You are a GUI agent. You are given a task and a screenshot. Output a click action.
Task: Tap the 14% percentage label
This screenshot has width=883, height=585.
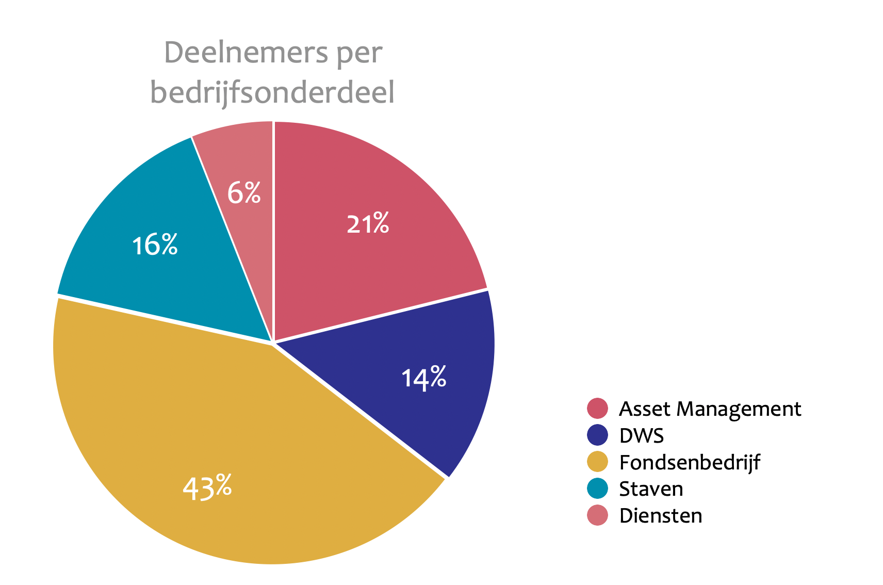coord(424,378)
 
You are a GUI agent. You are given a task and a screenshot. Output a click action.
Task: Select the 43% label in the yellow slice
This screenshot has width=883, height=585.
coord(207,487)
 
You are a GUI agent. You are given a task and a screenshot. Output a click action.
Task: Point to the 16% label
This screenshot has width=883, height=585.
coord(155,245)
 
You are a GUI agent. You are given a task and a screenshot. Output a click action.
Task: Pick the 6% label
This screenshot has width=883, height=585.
coord(244,193)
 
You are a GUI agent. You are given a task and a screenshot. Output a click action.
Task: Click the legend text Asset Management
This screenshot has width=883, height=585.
coord(710,409)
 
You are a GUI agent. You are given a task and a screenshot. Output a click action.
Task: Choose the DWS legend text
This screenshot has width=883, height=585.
coord(642,436)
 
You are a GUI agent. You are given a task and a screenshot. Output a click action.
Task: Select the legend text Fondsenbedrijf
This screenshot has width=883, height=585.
coord(689,463)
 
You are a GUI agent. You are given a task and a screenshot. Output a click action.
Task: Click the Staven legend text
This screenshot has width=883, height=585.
coord(651,489)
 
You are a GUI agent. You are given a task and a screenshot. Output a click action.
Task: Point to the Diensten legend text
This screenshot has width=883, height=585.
coord(661,516)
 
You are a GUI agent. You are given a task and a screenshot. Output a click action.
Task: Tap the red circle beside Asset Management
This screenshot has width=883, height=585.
coord(597,409)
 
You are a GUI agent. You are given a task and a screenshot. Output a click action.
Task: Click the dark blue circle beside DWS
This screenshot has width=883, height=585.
coord(597,435)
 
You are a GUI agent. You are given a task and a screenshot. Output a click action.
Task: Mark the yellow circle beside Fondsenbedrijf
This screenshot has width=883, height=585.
coord(597,462)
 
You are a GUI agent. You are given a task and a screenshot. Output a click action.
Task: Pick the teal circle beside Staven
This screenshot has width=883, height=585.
coord(597,489)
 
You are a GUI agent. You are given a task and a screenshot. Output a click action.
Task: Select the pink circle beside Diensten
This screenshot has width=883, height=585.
coord(597,515)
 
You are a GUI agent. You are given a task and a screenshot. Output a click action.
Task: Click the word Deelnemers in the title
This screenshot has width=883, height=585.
coord(245,53)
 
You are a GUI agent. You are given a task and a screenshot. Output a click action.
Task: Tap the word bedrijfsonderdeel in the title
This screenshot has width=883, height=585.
coord(272,93)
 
